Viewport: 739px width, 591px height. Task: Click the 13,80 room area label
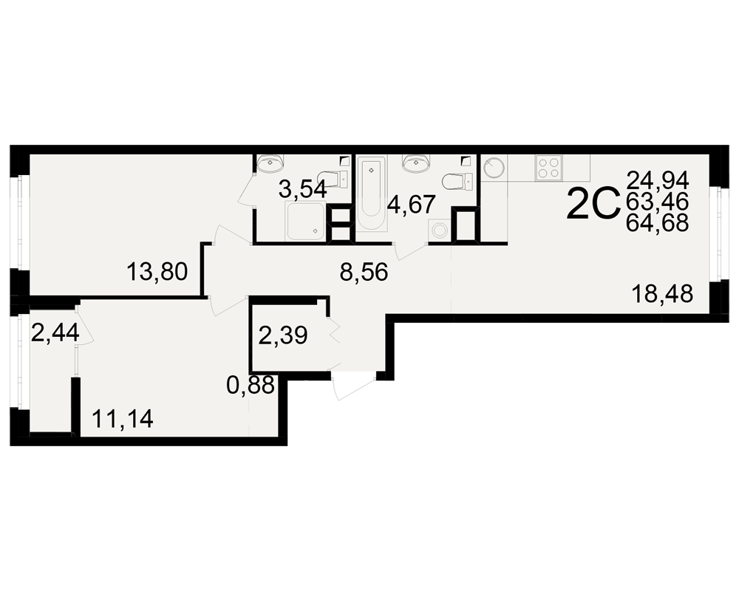point(157,272)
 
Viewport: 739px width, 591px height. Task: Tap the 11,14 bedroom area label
point(123,419)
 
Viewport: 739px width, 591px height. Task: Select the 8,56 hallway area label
point(364,273)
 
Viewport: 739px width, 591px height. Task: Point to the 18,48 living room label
point(662,294)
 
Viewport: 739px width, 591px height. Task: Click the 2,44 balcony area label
point(55,334)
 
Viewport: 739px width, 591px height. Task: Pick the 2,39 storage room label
point(283,336)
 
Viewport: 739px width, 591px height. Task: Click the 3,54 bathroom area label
point(302,191)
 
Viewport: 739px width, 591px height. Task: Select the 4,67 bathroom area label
point(410,205)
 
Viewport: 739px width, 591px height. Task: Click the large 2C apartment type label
point(593,204)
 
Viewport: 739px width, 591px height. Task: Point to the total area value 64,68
point(658,222)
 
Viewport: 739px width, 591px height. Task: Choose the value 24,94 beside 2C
point(658,180)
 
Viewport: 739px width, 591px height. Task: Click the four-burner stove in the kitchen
point(548,167)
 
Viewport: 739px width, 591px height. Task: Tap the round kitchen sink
point(494,168)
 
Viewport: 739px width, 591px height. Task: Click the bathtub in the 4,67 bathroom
point(372,194)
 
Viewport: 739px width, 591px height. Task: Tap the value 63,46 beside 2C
point(658,201)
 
